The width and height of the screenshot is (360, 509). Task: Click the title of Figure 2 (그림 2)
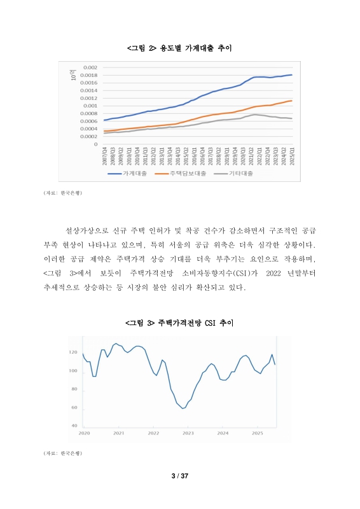tap(180, 48)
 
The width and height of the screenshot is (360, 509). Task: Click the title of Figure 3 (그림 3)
tap(180, 323)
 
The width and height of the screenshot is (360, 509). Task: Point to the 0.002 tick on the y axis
tap(90, 67)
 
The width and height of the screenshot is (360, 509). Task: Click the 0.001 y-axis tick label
tap(90, 106)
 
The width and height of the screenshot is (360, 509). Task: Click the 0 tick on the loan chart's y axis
tap(95, 144)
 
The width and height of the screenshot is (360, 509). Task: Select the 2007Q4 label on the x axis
tap(105, 156)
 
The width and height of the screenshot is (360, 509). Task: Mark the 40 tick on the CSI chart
tap(74, 425)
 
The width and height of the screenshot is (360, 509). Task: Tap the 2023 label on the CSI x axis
tap(188, 433)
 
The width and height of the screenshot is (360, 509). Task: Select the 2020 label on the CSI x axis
tap(83, 433)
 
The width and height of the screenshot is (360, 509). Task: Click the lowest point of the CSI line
tap(183, 408)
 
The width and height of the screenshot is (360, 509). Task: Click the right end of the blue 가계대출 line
tap(292, 75)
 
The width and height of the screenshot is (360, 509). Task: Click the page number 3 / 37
tap(180, 476)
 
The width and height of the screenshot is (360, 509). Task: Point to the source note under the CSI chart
tap(62, 453)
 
